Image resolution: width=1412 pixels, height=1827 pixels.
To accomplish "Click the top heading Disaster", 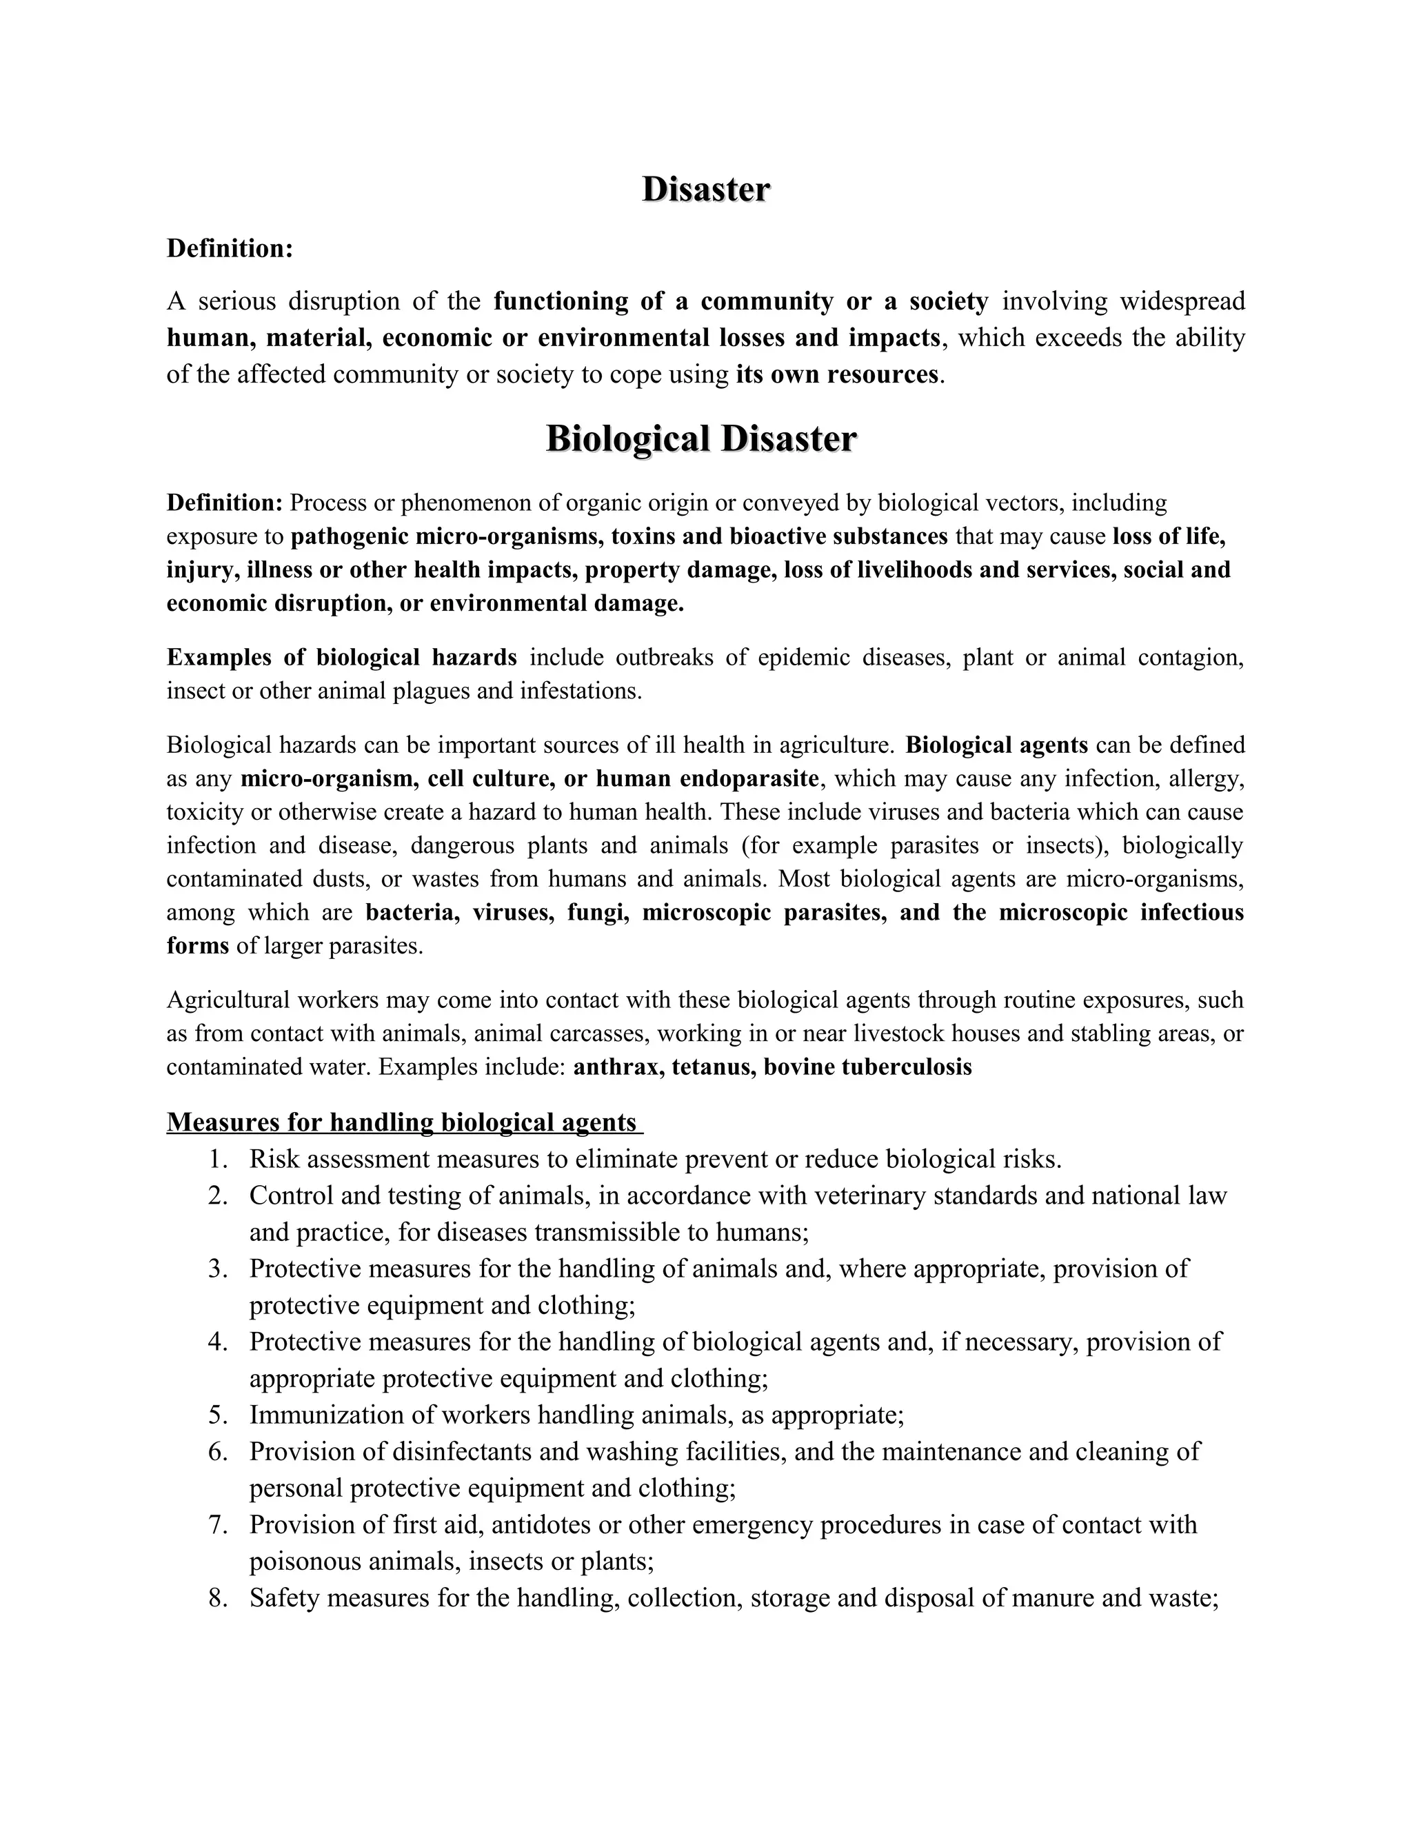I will pyautogui.click(x=705, y=190).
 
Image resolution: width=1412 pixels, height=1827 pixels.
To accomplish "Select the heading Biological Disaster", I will pyautogui.click(x=701, y=439).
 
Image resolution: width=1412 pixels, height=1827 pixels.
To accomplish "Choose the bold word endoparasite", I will pyautogui.click(x=749, y=779).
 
